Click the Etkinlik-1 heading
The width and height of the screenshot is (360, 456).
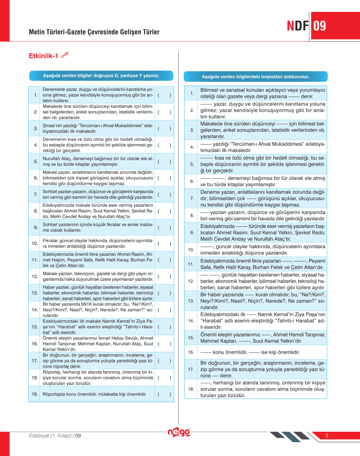[x=43, y=56]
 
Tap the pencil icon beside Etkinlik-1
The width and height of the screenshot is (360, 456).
[x=64, y=55]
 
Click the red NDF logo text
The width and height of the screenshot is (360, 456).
[x=298, y=26]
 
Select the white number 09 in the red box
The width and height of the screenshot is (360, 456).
[x=320, y=26]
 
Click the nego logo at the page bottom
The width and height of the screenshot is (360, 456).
[x=179, y=432]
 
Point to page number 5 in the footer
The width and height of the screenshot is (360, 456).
[x=327, y=436]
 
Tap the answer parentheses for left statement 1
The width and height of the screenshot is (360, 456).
[x=164, y=95]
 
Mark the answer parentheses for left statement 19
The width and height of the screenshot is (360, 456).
[x=164, y=394]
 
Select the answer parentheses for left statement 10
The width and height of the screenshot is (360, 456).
[x=164, y=244]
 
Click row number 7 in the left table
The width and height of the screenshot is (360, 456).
[x=36, y=195]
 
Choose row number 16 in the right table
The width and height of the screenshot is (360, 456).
[x=191, y=352]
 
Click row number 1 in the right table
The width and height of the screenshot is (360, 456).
[x=192, y=93]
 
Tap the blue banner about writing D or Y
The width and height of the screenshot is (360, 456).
[x=101, y=76]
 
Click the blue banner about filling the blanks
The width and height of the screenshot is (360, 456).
[x=256, y=77]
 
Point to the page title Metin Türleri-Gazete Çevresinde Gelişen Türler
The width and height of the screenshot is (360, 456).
[x=94, y=32]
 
